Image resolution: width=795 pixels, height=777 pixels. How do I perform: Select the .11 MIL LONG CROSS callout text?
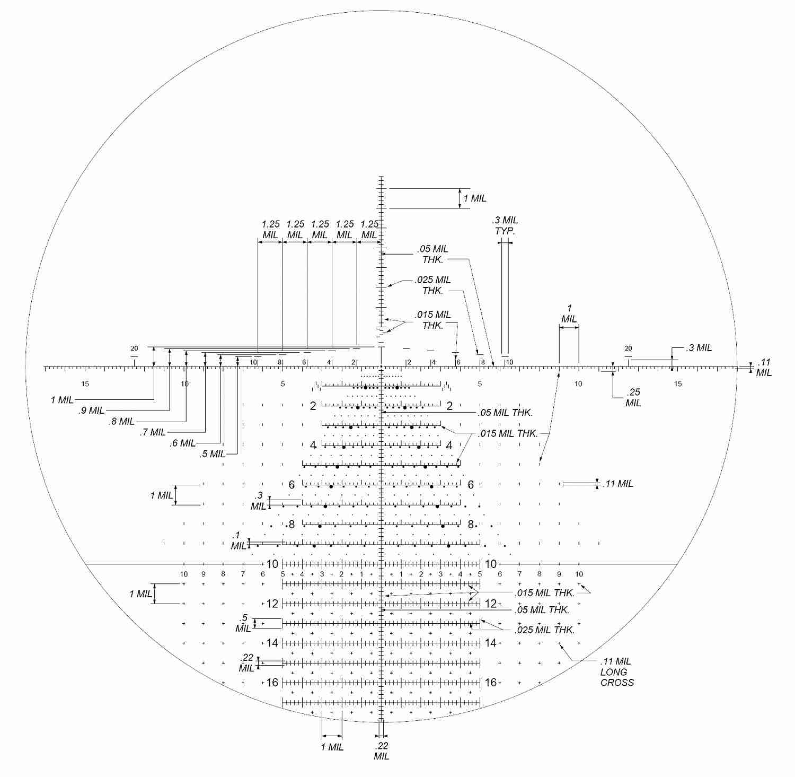(x=617, y=672)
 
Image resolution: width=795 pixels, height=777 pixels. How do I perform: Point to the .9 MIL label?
(x=92, y=411)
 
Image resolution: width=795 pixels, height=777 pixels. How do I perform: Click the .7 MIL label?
(x=153, y=432)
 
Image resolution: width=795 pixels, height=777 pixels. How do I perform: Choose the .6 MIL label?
(x=183, y=443)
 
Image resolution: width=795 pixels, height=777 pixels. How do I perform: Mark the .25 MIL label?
(x=633, y=397)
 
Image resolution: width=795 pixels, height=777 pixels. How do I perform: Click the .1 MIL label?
(x=238, y=540)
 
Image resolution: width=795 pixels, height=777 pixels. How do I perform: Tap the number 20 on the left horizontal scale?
(x=134, y=348)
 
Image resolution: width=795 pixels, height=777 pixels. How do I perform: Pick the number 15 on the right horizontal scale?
(x=678, y=384)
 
